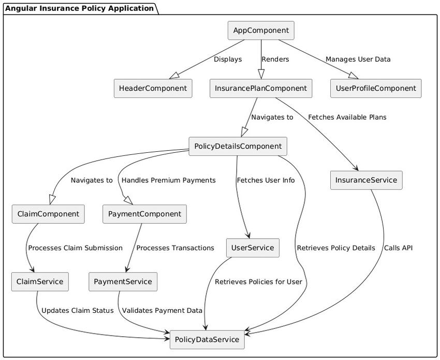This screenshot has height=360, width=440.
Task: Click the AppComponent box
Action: coord(261,31)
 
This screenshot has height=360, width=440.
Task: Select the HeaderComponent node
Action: coord(153,89)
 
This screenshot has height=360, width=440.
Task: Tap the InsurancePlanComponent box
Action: coord(260,89)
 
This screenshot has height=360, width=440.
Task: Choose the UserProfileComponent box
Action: coord(376,89)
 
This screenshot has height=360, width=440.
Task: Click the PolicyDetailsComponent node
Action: coord(238,147)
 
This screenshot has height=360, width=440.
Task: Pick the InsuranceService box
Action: coord(366,180)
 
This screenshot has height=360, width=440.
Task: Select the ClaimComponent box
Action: coord(48,214)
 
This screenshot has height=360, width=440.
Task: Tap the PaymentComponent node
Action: coord(144,214)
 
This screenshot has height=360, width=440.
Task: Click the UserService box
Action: coord(253,248)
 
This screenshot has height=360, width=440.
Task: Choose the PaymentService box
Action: coord(123,282)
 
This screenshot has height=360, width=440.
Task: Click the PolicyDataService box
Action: coord(207,340)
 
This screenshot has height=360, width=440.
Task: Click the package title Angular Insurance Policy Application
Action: coord(79,8)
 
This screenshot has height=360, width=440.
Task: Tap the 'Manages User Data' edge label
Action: coord(358,60)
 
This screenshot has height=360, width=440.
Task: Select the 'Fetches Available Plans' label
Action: coord(347,118)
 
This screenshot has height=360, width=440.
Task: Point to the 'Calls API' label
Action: coord(398,248)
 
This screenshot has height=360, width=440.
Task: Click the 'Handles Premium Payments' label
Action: coord(168,180)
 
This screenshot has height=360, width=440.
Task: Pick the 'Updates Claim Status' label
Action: coord(77,311)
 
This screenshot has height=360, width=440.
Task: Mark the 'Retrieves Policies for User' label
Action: coord(258,282)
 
